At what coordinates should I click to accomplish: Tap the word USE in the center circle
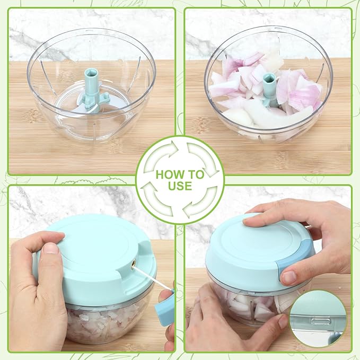click(180, 186)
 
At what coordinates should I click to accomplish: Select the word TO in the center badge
click(195, 174)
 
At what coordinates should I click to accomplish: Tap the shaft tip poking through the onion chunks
click(269, 85)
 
